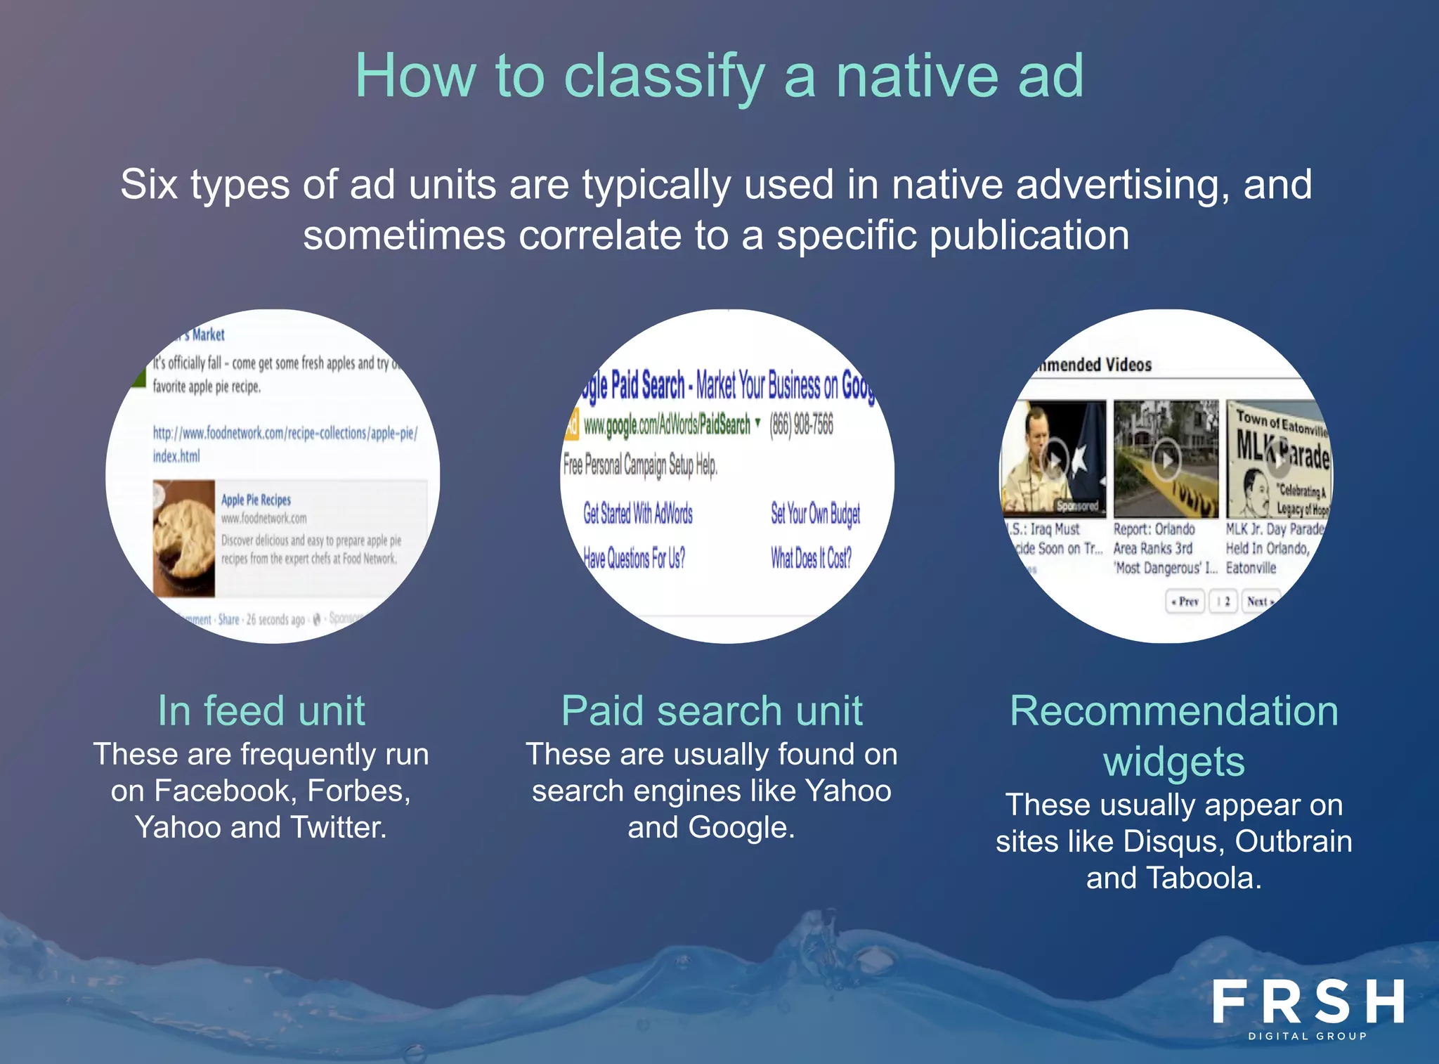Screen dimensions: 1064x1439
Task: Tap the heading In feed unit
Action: coord(261,711)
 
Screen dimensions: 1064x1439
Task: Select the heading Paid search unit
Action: coord(711,711)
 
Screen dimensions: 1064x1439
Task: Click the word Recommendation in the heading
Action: coord(1173,711)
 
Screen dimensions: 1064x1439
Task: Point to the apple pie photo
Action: coord(184,538)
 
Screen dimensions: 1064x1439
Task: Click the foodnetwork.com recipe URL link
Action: coord(285,443)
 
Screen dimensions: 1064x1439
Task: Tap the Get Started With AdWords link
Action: coord(637,514)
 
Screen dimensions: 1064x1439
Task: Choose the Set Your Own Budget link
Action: coord(815,514)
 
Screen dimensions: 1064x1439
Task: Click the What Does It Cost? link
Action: coord(811,558)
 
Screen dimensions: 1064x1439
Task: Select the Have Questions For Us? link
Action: coord(634,558)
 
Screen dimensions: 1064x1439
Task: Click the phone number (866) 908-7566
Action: coord(801,424)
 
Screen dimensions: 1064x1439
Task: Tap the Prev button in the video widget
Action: coord(1185,602)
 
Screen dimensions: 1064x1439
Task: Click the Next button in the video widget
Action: coord(1259,602)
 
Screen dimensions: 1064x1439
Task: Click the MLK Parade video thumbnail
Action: coord(1277,459)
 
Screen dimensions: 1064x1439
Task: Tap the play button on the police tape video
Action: coord(1166,460)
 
